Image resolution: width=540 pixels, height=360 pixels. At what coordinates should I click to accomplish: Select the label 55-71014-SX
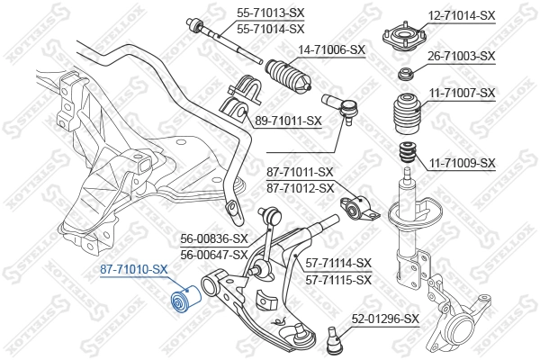click(270, 30)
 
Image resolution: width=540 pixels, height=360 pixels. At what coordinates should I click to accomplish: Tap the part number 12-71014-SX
click(462, 15)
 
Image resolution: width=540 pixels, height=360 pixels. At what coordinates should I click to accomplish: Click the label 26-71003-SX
click(462, 56)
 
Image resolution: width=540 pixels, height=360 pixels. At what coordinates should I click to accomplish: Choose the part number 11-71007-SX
click(462, 93)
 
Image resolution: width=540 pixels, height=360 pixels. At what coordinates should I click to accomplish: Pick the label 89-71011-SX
click(288, 121)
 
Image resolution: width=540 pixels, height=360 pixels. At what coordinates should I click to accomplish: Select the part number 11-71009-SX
click(462, 163)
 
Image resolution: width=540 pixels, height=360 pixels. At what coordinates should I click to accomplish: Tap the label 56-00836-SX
click(214, 239)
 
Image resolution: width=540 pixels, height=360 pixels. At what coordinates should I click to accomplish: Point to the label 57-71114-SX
click(338, 263)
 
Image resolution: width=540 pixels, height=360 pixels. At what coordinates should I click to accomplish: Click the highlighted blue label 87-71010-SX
click(133, 269)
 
